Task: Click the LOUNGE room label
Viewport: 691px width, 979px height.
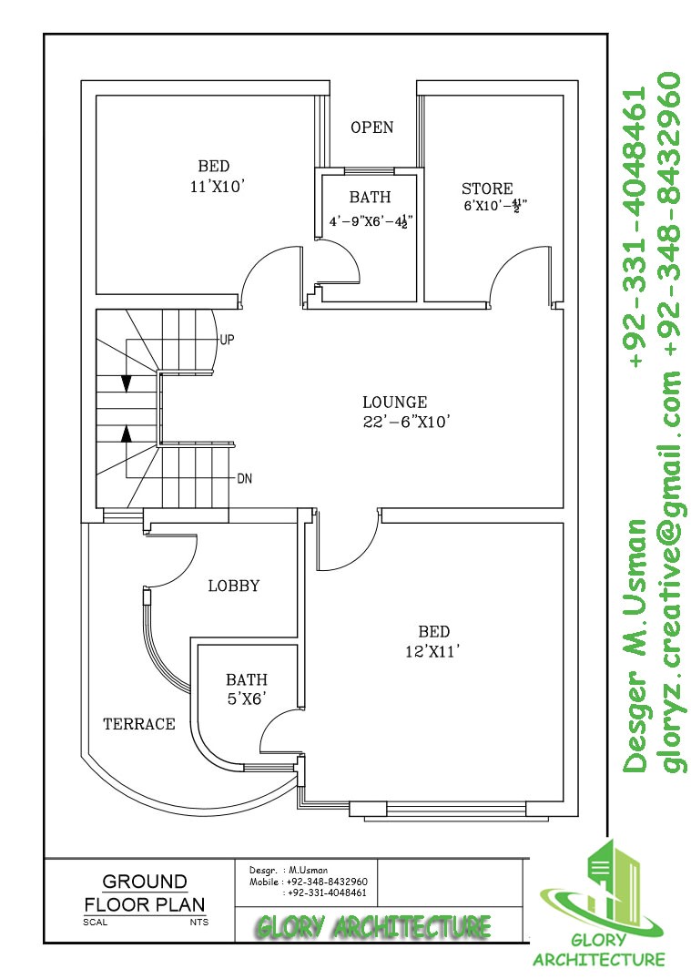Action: (394, 402)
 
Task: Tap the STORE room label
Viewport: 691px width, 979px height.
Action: (487, 189)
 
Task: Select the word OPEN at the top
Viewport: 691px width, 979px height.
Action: (372, 127)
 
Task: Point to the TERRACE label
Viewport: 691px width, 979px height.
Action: (139, 724)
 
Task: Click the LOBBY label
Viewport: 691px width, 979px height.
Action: (234, 586)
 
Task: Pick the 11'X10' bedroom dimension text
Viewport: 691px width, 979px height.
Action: (214, 187)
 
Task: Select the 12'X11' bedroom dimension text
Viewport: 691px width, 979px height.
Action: (433, 651)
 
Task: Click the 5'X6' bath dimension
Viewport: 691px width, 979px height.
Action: (247, 699)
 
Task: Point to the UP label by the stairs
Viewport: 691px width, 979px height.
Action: (228, 340)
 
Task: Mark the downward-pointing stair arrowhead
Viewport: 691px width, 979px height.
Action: (127, 382)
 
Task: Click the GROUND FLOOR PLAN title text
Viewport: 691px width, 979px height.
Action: (145, 893)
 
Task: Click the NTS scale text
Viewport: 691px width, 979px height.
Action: (198, 923)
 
